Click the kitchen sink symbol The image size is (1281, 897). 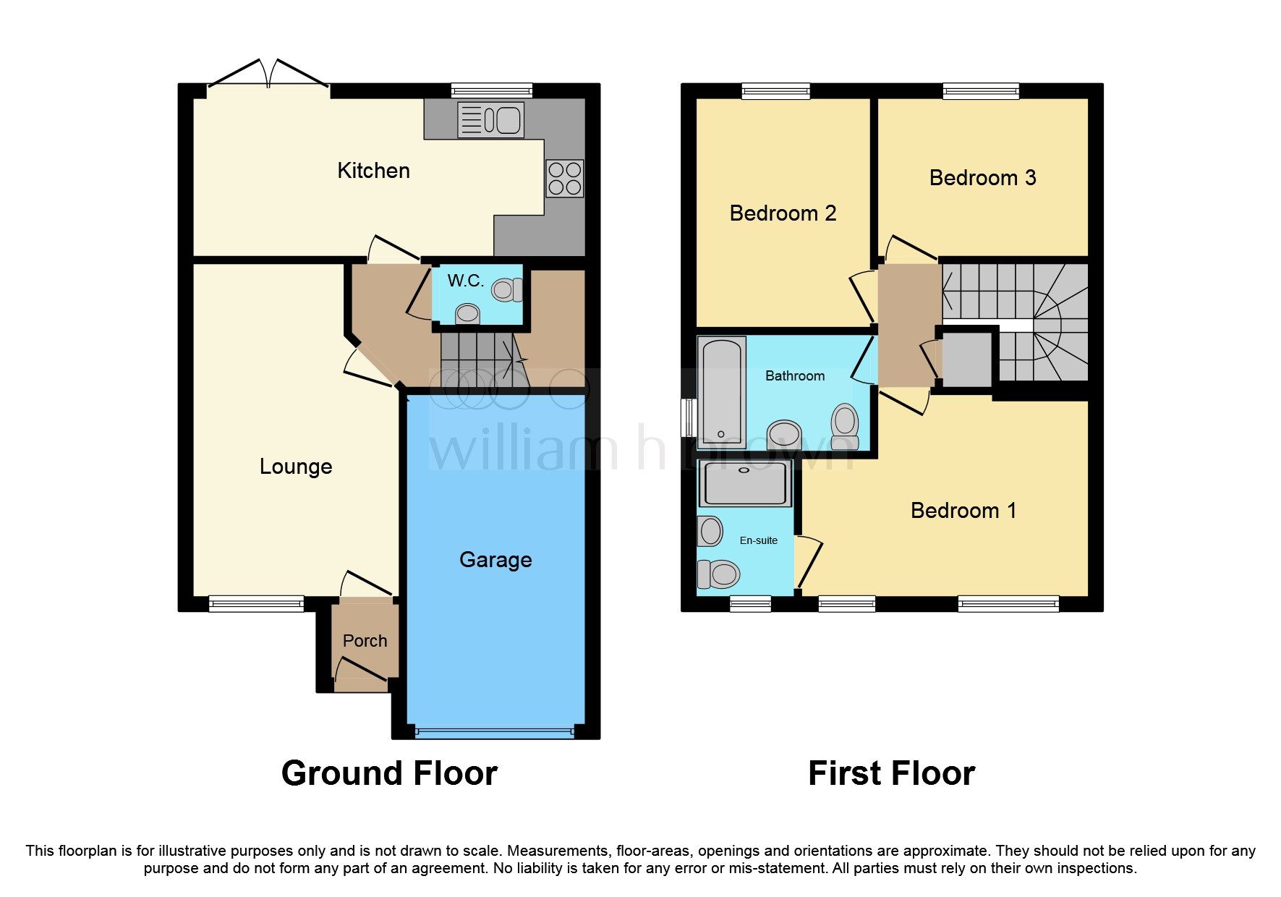491,120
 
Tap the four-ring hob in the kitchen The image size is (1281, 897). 565,178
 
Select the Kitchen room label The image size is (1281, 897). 373,171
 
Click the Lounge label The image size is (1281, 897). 296,467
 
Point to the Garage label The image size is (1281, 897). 495,560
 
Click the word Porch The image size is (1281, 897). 365,641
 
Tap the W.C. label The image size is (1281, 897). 465,281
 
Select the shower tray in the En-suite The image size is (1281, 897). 744,484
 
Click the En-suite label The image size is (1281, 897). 758,540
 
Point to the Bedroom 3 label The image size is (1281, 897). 982,178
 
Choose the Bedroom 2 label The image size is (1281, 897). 783,213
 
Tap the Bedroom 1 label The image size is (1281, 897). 963,511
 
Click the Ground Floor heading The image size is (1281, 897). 389,773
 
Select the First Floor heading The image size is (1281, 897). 891,773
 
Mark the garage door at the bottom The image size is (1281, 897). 495,732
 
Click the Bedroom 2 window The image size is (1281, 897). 775,91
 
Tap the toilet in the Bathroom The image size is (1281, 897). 844,427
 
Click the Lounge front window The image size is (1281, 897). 256,603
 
